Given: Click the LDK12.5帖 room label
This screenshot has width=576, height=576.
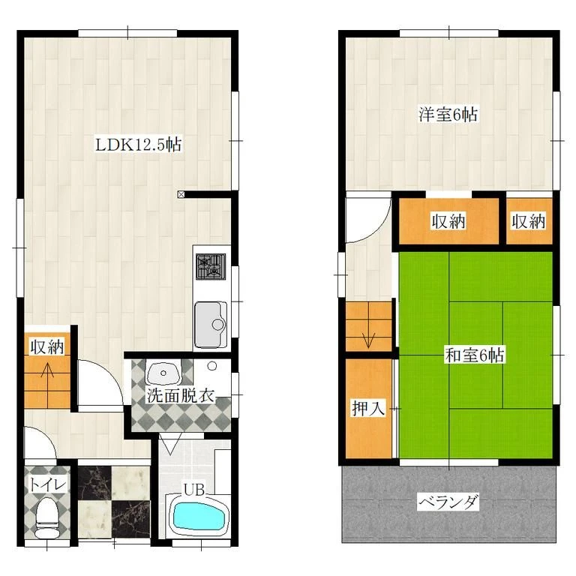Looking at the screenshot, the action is (x=139, y=144).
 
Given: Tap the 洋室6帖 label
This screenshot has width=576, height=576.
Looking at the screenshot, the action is (x=448, y=115).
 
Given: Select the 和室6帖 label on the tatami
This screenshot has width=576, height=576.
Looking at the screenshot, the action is (x=474, y=355).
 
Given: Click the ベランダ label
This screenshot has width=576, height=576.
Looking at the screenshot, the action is (x=448, y=502).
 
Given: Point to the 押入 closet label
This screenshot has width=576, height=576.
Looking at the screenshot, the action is (x=368, y=408).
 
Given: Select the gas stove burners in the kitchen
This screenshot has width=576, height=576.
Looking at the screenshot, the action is (x=211, y=267).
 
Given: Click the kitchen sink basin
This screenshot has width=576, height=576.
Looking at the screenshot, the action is (x=211, y=324).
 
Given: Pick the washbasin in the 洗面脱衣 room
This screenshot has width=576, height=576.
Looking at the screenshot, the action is (x=163, y=373).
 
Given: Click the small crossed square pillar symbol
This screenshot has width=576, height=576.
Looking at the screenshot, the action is (x=181, y=195).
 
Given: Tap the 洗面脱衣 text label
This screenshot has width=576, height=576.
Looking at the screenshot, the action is (x=181, y=396).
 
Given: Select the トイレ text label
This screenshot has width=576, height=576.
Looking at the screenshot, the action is (x=48, y=484).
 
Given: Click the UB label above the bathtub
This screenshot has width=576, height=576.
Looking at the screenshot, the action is (x=194, y=490).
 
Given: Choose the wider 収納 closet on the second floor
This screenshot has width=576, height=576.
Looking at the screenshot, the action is (x=448, y=221).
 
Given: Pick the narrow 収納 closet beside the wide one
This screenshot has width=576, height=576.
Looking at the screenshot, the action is (x=529, y=221).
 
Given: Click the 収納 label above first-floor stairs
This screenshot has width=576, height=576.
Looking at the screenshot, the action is (x=47, y=346).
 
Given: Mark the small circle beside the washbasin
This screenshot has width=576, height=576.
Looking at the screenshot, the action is (x=212, y=366).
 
